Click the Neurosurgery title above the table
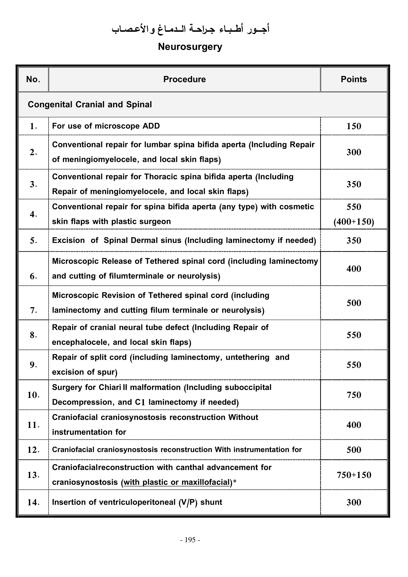tap(190, 47)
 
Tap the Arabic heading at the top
tap(190, 29)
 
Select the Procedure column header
tap(185, 79)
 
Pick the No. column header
tap(33, 79)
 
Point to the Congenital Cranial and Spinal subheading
tap(90, 105)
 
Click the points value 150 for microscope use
tap(354, 126)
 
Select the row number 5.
tap(33, 241)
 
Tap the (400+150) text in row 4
tap(354, 222)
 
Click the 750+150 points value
tap(354, 475)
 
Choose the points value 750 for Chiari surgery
tap(354, 395)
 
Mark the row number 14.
tap(33, 502)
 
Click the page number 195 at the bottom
tap(190, 540)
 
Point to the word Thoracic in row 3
tap(160, 177)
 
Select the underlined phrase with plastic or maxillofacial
tap(177, 482)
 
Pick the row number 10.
tap(33, 395)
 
